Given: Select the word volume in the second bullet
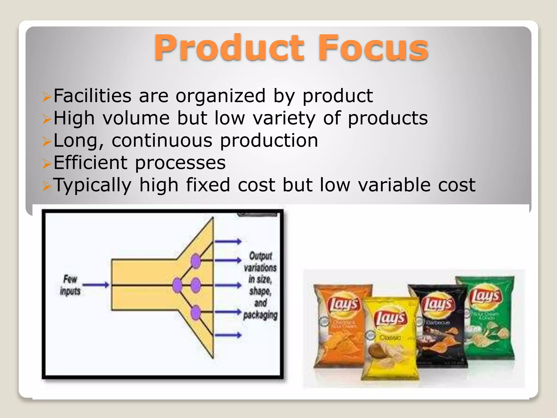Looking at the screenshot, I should click(x=136, y=118).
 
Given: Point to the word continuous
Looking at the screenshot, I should click(x=162, y=141).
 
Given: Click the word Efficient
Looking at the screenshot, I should click(x=90, y=163).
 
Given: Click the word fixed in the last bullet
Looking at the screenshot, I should click(x=208, y=185).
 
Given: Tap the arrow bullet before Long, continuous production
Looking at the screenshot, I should click(x=47, y=141).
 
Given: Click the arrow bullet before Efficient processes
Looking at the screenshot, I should click(x=47, y=164).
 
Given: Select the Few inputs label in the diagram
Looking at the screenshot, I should click(x=70, y=285).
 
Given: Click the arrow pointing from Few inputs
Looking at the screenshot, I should click(x=96, y=285).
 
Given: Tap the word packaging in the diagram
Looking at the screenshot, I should click(x=260, y=315).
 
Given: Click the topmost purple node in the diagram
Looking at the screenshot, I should click(x=196, y=261).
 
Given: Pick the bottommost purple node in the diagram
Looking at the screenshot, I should click(x=196, y=312).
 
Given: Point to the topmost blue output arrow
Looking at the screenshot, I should click(x=228, y=241).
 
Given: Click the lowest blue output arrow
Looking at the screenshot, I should click(x=228, y=335).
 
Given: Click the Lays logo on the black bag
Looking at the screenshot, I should click(x=438, y=304).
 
